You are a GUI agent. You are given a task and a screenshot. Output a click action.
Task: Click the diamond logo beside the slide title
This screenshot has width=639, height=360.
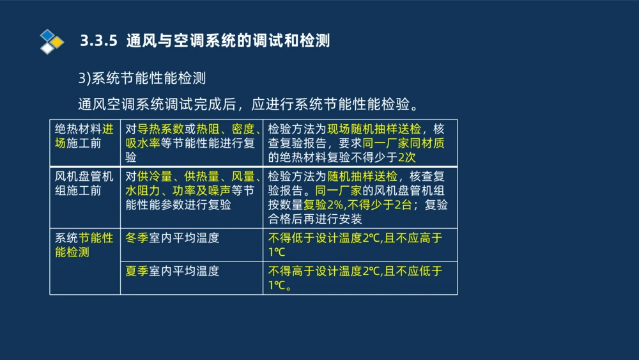51,42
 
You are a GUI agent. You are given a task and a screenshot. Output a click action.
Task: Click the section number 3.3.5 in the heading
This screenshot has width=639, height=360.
99,42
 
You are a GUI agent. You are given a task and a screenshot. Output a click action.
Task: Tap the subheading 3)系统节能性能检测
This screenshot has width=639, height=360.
141,79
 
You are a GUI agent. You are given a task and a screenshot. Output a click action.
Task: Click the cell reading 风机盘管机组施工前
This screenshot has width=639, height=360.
84,184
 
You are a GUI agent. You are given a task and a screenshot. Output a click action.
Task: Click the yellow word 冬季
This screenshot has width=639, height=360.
137,238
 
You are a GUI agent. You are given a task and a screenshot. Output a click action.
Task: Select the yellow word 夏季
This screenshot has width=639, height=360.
137,270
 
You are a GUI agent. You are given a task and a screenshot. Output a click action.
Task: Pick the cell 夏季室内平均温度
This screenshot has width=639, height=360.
173,270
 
